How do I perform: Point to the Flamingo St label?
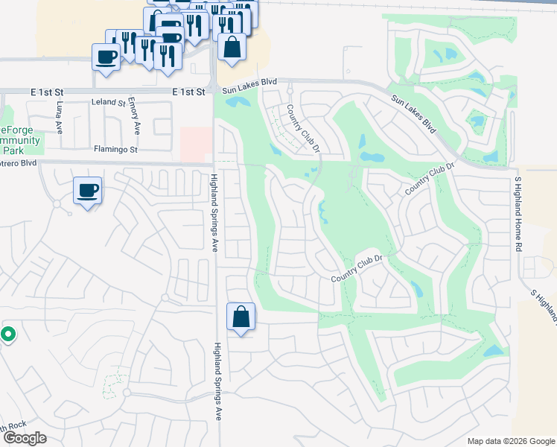click(115, 149)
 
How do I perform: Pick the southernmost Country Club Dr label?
click(356, 269)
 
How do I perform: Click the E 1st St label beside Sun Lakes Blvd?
click(188, 92)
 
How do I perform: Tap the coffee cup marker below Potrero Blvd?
click(88, 191)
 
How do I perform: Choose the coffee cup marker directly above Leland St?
click(106, 57)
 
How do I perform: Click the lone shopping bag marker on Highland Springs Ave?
click(241, 317)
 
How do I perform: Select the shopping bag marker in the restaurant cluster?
click(232, 46)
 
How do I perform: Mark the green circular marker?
click(7, 335)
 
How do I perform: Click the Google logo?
click(24, 438)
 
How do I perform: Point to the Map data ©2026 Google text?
click(511, 440)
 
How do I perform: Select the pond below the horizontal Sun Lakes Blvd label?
click(238, 102)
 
